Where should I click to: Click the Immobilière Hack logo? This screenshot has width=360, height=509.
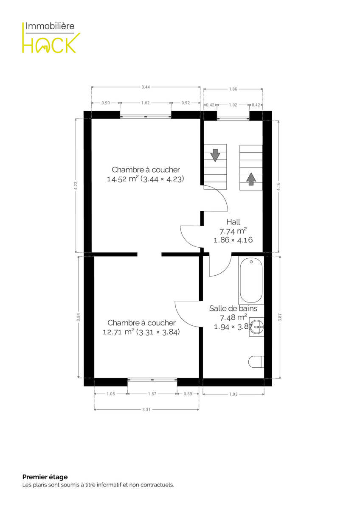coord(51,37)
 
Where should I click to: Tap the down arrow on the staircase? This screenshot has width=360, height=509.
coord(215,155)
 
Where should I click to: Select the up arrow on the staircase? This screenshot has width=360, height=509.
coord(251,179)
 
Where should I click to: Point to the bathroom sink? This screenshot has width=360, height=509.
coord(257,327)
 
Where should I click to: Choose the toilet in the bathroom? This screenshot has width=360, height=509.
coord(256,362)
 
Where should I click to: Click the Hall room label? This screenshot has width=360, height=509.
coord(233,222)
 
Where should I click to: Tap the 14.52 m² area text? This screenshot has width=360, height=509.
coord(123,179)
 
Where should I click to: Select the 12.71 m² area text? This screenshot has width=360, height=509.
coord(118,332)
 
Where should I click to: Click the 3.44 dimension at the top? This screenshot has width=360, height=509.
coord(146,87)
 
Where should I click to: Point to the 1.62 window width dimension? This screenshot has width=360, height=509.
coord(146,103)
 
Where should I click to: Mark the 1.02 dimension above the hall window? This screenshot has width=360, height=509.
coord(233,105)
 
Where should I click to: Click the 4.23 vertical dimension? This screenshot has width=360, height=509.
coord(76,186)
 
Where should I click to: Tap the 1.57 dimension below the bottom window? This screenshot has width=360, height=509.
coord(152,394)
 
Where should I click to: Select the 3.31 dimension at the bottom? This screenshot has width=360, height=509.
coord(146,409)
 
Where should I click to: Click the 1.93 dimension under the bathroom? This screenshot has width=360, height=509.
coord(233,394)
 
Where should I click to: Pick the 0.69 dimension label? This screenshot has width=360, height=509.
coord(188,394)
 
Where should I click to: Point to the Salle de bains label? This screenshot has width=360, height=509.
coord(233,308)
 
